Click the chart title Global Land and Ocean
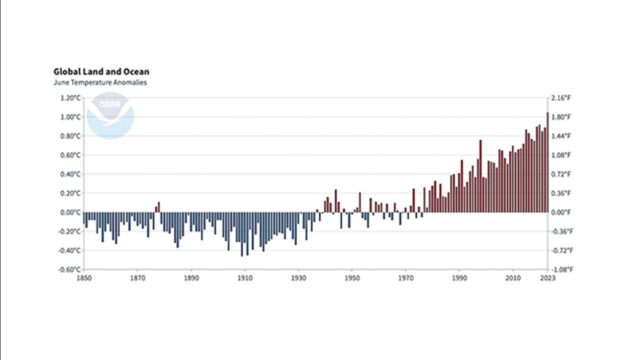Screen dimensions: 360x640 pos(101,72)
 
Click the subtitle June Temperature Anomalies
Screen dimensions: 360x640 pos(100,83)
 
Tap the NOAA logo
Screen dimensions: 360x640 pos(110,115)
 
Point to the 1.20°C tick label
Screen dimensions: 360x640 pos(70,98)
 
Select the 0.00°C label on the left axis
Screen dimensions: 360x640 pos(70,212)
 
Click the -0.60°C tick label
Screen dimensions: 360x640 pos(69,269)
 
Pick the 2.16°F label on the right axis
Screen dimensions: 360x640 pos(560,98)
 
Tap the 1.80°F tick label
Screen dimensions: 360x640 pos(560,117)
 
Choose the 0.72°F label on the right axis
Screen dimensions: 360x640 pos(560,174)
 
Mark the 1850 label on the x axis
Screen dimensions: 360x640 pos(83,278)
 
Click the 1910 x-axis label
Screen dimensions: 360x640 pos(244,278)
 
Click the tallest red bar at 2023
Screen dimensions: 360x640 pos(547,162)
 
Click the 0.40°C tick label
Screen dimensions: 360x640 pos(70,174)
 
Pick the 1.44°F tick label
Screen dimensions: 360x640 pos(560,136)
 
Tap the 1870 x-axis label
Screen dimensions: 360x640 pos(137,278)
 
